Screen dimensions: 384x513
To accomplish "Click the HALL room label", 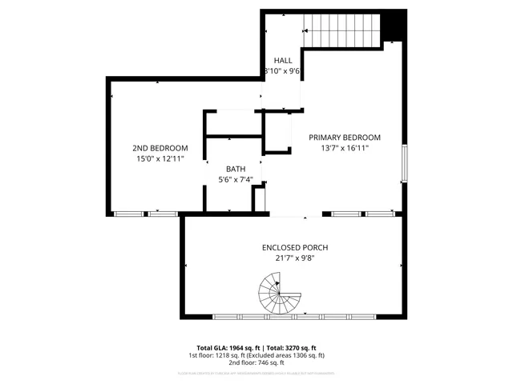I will coord(283,60).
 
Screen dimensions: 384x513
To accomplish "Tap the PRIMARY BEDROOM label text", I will coord(345,137).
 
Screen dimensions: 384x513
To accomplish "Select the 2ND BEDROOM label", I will coord(160,148).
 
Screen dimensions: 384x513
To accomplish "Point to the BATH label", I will coord(235,169).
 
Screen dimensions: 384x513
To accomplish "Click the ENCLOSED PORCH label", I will coord(294,247).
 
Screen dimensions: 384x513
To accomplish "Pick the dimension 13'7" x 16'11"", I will coord(345,148).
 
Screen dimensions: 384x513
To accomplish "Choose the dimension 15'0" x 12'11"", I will coord(160,159).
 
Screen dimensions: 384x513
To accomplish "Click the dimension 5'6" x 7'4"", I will coord(235,180).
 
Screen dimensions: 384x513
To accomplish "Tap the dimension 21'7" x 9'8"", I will coord(294,258).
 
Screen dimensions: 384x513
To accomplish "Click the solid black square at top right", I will coord(392,26).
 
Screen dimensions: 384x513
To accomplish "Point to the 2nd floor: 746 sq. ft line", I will coord(256,362).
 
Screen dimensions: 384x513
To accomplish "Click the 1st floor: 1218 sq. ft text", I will coord(219,355).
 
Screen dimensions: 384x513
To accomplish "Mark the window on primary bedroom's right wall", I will coord(405,162).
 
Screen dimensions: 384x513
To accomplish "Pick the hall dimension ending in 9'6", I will coord(283,71).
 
